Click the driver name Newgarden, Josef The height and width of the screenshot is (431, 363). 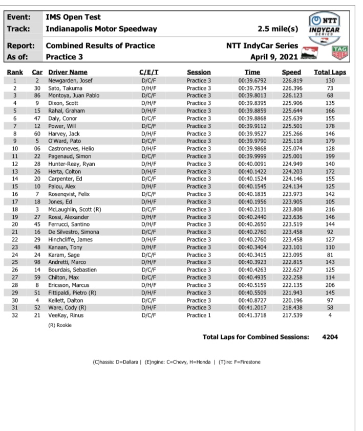coord(69,81)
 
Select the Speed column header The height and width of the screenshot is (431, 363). coord(291,73)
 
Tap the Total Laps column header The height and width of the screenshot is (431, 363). coord(330,73)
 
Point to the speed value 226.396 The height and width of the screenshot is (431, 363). coord(291,88)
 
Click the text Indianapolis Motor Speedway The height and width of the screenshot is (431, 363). coord(101,29)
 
